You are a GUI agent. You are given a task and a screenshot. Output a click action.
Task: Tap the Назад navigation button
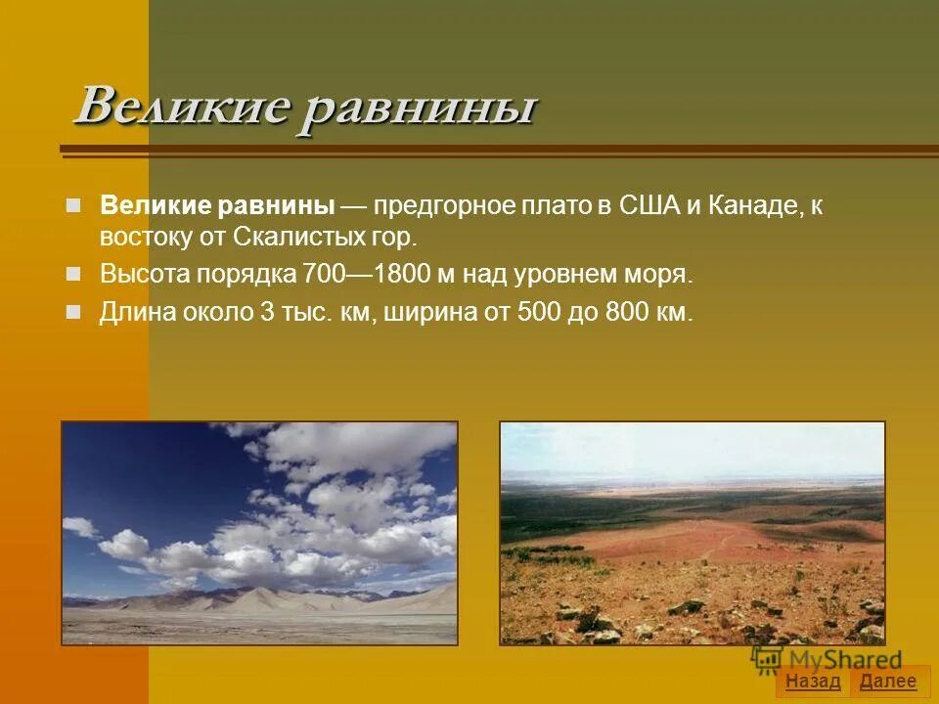coord(813,682)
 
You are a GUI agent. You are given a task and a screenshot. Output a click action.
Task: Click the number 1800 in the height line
coord(409,274)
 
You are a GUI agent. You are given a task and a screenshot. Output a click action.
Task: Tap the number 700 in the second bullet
coord(322,274)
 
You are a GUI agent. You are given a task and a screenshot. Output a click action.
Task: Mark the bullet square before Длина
coord(72,313)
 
